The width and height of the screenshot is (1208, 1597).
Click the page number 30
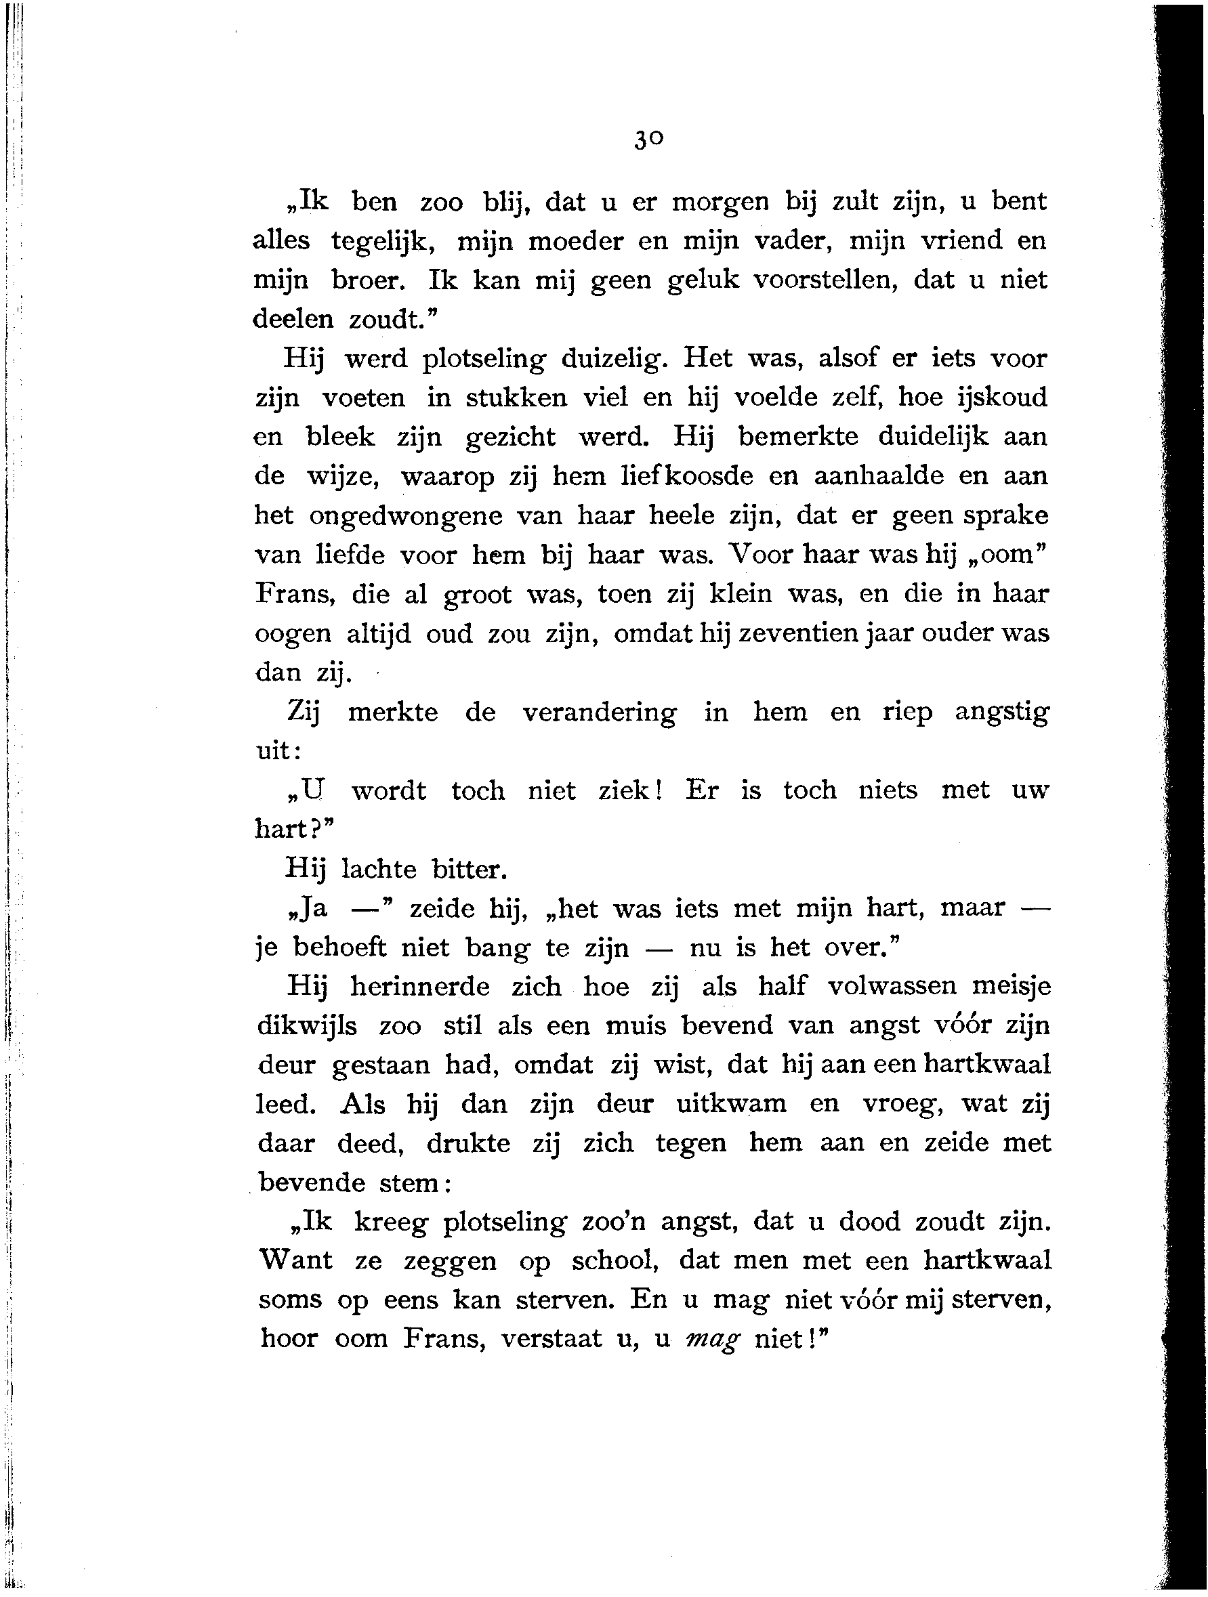[x=648, y=138]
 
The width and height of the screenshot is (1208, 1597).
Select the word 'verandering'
[x=599, y=712]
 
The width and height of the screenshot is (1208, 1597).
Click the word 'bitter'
[x=469, y=869]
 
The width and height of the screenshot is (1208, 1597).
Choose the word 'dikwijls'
[x=307, y=1026]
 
